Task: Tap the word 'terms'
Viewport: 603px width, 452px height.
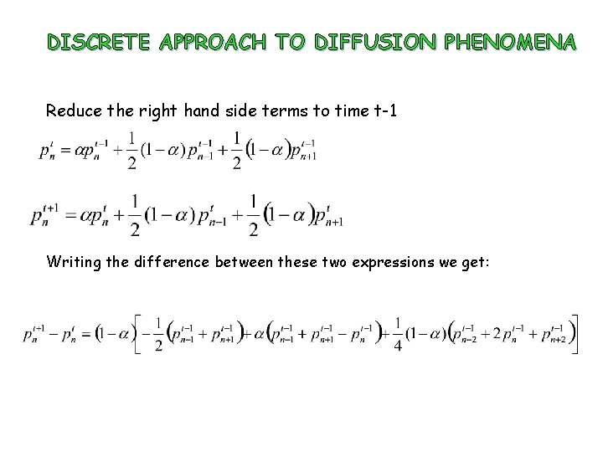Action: coord(275,110)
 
